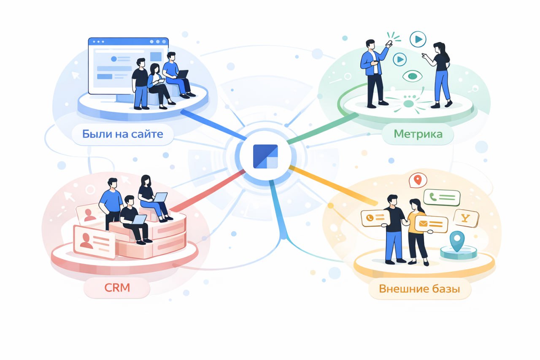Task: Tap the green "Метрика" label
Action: click(418, 134)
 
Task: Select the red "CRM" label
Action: click(117, 288)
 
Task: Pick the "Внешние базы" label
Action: click(419, 289)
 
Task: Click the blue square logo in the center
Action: click(265, 156)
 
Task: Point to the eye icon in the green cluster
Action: click(412, 76)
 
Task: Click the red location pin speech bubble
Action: click(418, 180)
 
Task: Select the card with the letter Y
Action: click(466, 218)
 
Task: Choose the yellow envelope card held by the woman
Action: click(431, 224)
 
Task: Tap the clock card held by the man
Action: click(373, 218)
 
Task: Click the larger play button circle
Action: click(418, 40)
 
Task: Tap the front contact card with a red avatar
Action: click(94, 241)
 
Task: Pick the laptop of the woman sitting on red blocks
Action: click(160, 197)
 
